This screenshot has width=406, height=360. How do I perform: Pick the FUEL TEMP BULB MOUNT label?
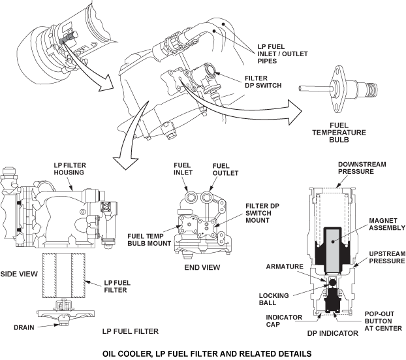[146, 239]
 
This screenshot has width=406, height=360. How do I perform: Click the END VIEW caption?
[202, 267]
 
